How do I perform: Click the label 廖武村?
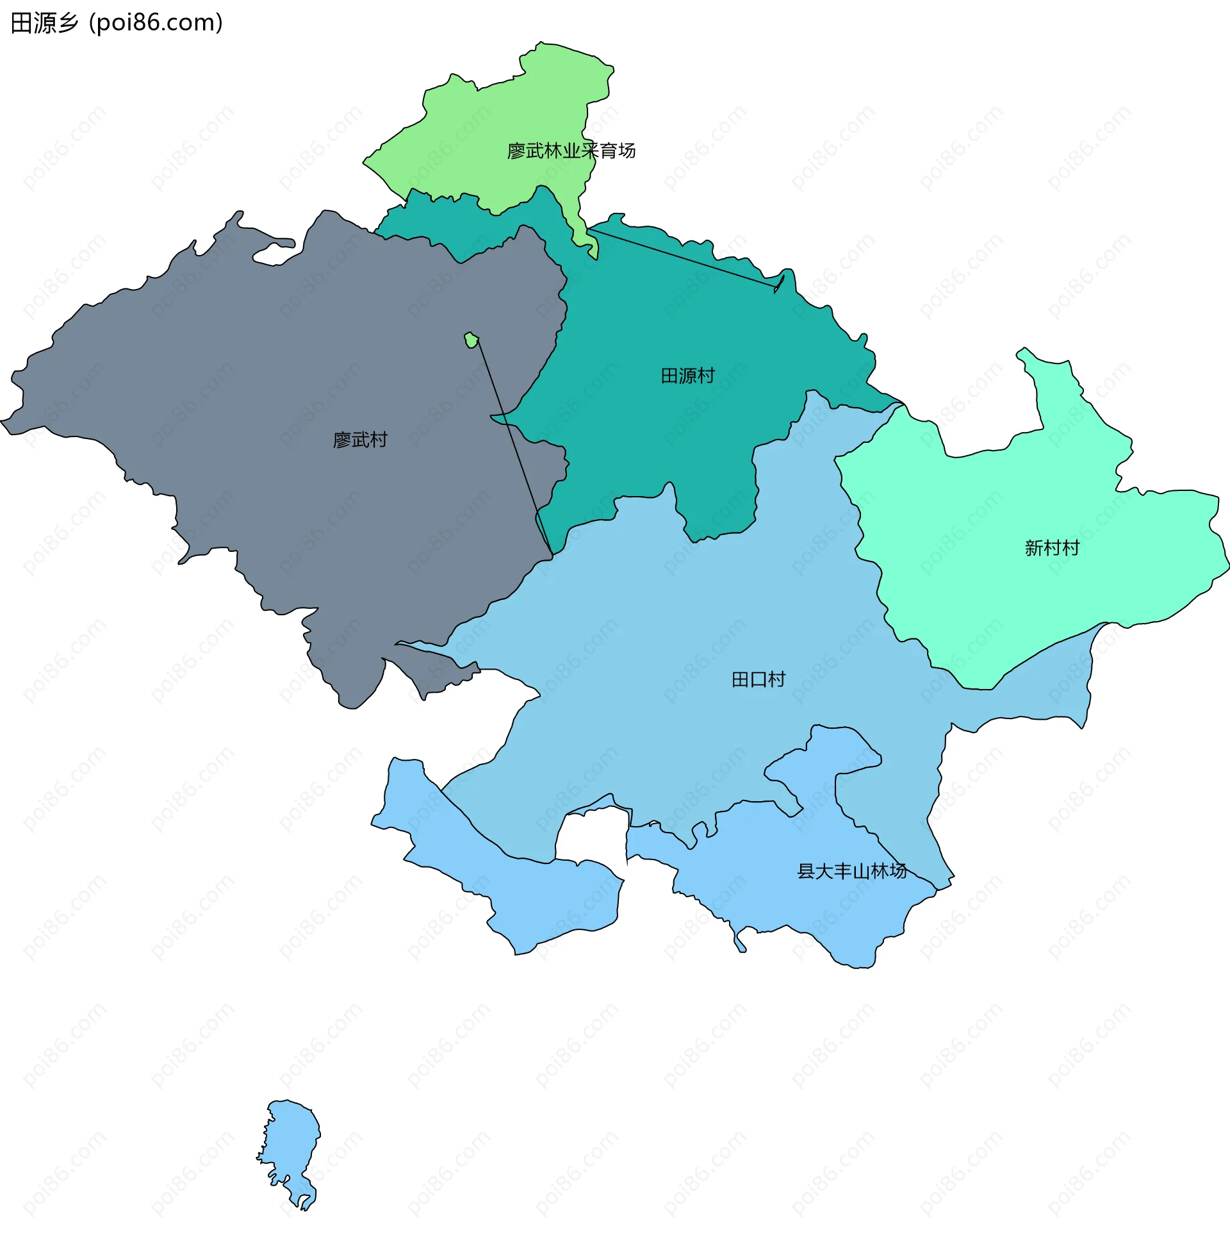tap(360, 440)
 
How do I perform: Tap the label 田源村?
tap(687, 376)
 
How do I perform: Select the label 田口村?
tap(758, 679)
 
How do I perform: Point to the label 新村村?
tap(1052, 548)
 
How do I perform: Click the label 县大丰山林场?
tap(852, 871)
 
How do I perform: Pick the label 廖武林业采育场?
tap(571, 151)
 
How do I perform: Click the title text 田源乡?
tap(45, 23)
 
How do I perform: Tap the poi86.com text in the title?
tap(156, 23)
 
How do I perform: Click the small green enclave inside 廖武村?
tap(471, 340)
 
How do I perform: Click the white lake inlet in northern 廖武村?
tap(275, 254)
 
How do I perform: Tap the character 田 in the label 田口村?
tap(740, 679)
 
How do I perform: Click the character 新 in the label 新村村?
tap(1033, 548)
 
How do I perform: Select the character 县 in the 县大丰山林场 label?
tap(806, 871)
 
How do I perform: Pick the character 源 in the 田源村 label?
tap(687, 376)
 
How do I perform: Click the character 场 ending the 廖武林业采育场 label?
tap(627, 151)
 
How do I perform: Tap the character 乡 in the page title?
tap(69, 23)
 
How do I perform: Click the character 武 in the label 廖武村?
tap(360, 440)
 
